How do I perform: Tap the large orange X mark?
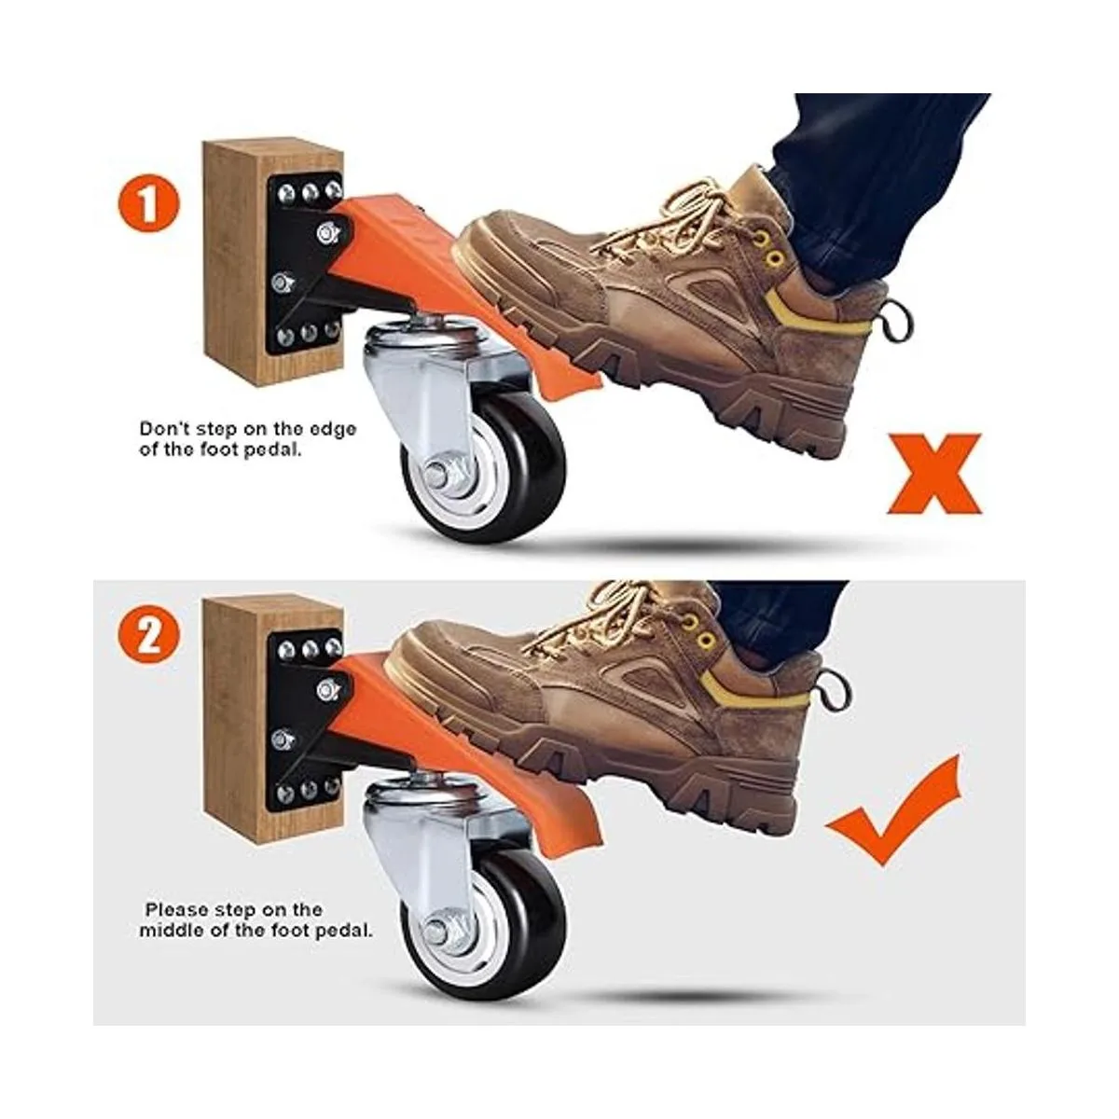click(933, 474)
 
